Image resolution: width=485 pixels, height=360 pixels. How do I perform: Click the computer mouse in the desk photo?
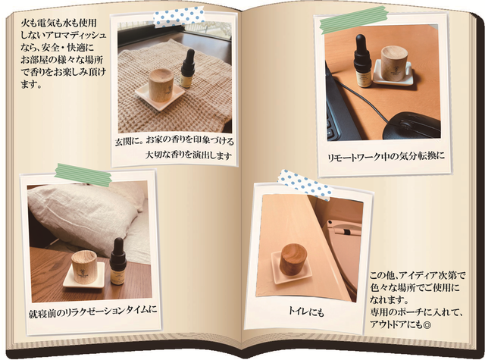[x=411, y=126]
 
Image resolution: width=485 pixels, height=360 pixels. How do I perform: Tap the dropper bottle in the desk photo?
[x=362, y=61]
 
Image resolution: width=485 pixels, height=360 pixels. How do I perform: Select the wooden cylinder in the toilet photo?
[x=293, y=259]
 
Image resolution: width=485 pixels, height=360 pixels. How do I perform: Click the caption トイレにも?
[x=306, y=311]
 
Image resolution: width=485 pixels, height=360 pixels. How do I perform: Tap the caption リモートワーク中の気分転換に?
[x=386, y=157]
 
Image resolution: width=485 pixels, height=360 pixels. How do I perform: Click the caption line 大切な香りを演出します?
[x=189, y=155]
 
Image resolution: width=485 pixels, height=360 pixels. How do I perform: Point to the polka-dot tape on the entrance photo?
[x=179, y=17]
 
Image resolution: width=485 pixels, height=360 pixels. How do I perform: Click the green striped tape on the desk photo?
[x=354, y=20]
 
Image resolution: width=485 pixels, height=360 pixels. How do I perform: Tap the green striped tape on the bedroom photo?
[x=83, y=174]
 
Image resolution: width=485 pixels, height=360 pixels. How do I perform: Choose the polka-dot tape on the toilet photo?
[x=305, y=185]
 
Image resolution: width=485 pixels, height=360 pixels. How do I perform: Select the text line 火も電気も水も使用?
[x=59, y=23]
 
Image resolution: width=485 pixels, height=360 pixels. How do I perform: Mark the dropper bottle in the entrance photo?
[x=188, y=68]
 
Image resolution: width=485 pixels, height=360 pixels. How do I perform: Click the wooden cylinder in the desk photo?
[x=392, y=64]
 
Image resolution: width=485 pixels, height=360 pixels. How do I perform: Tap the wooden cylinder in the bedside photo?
[x=84, y=267]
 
